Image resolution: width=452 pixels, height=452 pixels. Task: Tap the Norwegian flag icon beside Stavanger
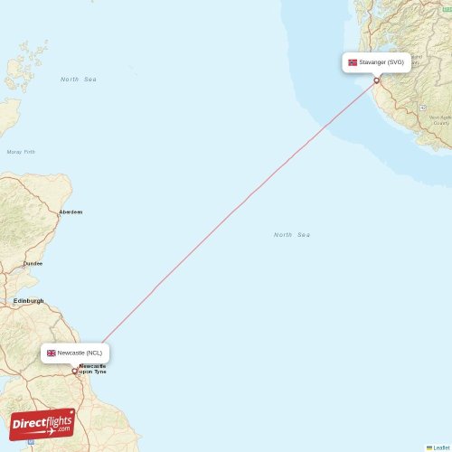click(353, 62)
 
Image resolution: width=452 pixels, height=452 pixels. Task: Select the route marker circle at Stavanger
click(377, 80)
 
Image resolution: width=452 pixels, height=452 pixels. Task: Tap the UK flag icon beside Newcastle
click(52, 353)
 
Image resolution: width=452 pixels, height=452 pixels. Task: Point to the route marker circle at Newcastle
click(75, 371)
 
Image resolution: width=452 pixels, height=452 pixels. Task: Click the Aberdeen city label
click(71, 212)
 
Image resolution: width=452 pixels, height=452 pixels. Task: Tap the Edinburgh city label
click(28, 301)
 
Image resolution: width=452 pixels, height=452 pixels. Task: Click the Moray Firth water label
click(21, 152)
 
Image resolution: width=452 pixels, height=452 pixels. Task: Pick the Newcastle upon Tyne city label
click(92, 369)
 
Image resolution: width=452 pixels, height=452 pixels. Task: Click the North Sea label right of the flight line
click(292, 235)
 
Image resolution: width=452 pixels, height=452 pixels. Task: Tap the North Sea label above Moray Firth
click(79, 80)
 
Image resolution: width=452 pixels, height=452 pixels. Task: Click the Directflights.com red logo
click(42, 424)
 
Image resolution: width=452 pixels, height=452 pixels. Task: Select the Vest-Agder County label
click(440, 120)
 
